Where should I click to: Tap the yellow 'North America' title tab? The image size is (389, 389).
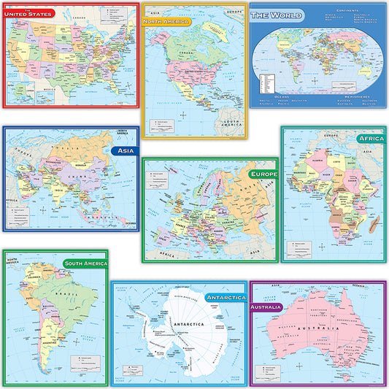pos(166,22)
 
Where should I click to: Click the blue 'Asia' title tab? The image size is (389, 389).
pos(124,150)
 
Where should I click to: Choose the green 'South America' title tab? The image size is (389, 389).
pos(85,263)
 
